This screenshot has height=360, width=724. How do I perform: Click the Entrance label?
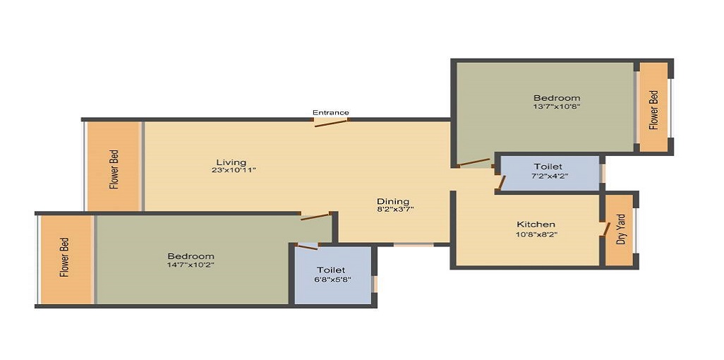331,112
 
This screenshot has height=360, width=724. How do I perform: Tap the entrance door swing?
331,123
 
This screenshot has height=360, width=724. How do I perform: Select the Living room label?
231,163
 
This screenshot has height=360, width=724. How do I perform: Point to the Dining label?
393,201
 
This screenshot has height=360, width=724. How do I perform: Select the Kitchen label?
536,224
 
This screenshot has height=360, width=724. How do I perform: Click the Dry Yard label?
621,229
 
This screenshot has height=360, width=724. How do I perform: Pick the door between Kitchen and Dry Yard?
605,229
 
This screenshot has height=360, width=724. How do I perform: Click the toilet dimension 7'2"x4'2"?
548,176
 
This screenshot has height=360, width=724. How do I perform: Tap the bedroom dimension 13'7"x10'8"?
557,107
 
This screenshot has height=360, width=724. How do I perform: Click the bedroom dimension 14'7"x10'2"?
191,265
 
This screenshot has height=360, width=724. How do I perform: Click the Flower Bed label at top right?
653,109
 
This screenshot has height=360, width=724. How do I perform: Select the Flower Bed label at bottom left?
65,258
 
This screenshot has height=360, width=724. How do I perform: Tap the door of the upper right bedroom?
473,163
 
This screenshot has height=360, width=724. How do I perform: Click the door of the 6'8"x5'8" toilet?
308,246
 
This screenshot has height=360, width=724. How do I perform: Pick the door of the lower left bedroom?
315,216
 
